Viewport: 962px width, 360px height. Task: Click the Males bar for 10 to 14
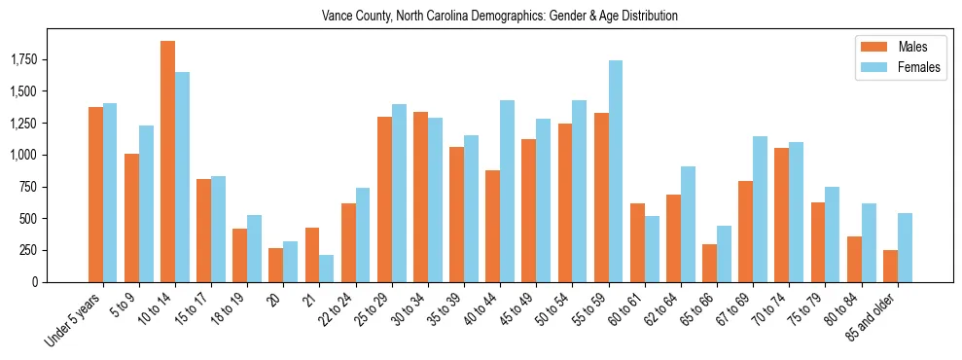click(167, 162)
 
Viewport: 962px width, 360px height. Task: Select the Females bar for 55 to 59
click(616, 171)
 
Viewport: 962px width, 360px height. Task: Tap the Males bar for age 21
click(312, 255)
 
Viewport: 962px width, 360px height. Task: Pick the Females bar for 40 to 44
click(508, 191)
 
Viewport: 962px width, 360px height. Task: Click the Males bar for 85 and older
click(890, 266)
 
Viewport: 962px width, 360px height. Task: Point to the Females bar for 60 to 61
click(652, 249)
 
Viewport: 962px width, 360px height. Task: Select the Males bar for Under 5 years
click(95, 195)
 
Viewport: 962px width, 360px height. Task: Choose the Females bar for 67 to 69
click(760, 209)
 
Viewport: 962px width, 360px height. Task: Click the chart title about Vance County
click(499, 17)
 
